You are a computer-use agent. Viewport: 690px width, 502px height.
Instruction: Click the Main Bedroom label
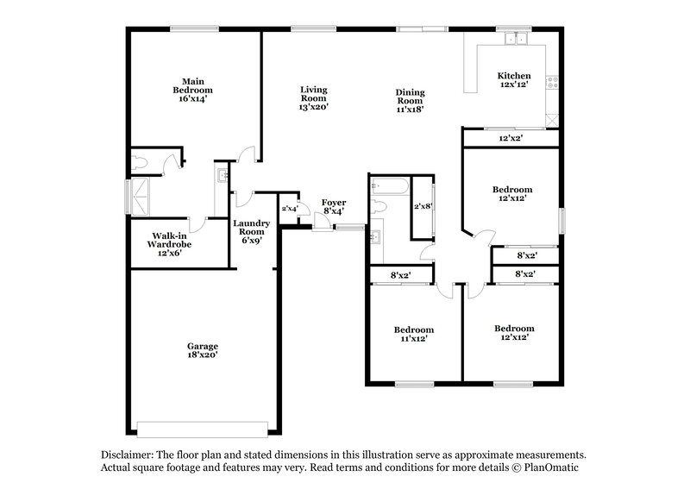tap(191, 90)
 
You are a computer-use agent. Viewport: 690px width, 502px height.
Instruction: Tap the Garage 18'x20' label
tap(203, 350)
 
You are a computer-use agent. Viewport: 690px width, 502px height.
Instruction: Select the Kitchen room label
tap(515, 80)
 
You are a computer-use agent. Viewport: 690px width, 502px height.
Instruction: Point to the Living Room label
tap(313, 97)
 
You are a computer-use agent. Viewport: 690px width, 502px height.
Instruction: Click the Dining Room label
tap(410, 101)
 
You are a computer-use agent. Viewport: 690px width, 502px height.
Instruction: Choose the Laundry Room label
tap(251, 231)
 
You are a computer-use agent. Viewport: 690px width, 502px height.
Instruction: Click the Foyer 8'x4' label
tap(334, 207)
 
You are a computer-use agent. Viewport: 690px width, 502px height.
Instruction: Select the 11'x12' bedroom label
tap(414, 335)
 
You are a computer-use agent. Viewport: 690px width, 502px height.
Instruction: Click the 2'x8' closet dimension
tap(423, 207)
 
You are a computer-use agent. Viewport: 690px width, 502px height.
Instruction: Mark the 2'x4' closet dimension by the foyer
tap(289, 208)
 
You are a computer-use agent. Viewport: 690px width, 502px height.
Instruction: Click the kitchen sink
tap(517, 39)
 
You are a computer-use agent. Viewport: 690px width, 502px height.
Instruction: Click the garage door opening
tap(203, 429)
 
